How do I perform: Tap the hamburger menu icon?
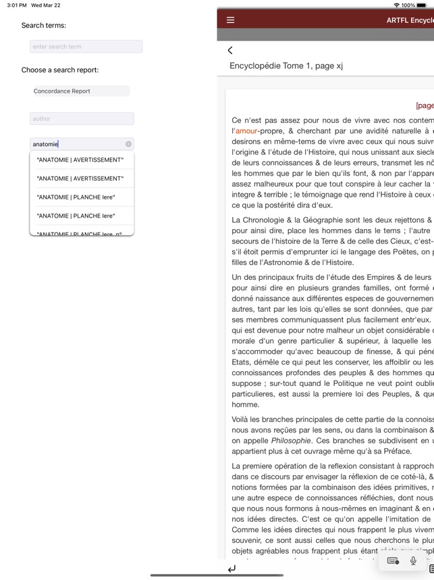(x=230, y=20)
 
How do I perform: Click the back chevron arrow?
(x=230, y=50)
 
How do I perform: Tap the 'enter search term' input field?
(x=86, y=47)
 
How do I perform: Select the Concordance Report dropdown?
(x=80, y=91)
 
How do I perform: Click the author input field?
(x=82, y=119)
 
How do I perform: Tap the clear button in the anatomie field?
(x=128, y=144)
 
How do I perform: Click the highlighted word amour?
(x=246, y=130)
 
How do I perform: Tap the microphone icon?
(x=413, y=560)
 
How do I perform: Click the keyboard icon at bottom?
(x=393, y=560)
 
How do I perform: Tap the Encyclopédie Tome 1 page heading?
(x=286, y=66)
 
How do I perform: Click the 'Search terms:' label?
(x=44, y=26)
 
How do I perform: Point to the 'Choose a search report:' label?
(x=60, y=70)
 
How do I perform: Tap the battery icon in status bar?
(x=425, y=5)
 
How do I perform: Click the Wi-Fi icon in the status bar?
(x=396, y=5)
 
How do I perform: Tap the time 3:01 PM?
(x=17, y=5)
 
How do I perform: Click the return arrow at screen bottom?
(x=232, y=569)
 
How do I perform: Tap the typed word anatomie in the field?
(x=46, y=144)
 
